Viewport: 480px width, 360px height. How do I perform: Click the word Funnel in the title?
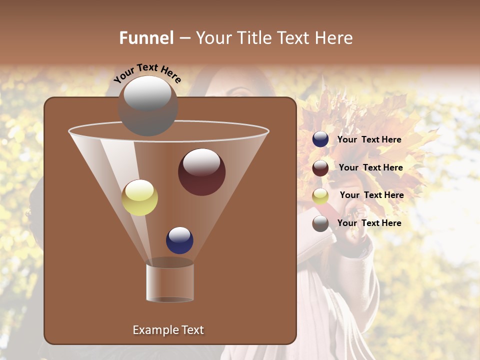146,38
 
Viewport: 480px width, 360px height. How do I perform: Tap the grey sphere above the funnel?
147,106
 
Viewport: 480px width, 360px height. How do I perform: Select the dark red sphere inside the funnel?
201,172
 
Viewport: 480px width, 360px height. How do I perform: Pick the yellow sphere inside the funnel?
139,198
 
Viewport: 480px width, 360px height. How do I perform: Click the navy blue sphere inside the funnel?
179,240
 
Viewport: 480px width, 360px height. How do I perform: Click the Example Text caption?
168,330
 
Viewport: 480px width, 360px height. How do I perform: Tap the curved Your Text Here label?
147,73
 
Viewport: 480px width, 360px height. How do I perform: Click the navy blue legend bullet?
320,139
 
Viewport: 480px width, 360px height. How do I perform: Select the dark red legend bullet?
320,168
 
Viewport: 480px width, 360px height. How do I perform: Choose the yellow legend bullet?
320,196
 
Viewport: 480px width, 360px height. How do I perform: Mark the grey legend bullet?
320,223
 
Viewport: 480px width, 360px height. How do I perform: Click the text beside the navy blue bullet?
369,140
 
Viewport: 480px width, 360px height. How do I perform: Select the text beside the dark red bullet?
370,168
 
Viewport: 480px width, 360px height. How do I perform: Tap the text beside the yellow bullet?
371,195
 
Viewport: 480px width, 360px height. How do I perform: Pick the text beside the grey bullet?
369,223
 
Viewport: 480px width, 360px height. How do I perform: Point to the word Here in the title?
334,38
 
